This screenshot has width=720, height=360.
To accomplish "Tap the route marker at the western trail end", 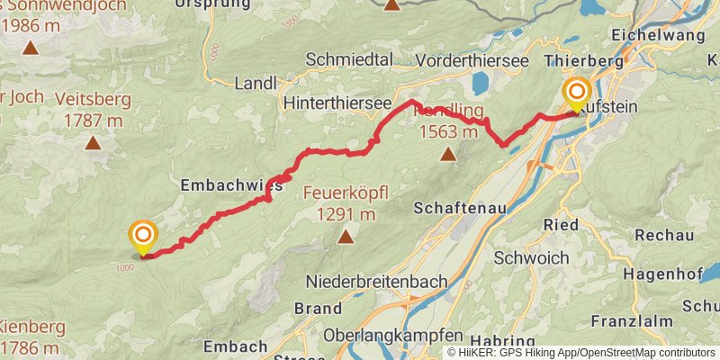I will point(143,238).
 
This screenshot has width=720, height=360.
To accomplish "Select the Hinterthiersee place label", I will point(337,104).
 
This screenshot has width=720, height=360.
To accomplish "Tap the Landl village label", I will point(256,83).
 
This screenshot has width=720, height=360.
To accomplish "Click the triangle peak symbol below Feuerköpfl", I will point(345,237).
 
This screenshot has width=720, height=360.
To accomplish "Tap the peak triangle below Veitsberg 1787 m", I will point(92,142).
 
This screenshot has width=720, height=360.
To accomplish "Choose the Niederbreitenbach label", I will point(376,282).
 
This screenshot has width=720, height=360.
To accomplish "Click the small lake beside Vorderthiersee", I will point(478,84).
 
